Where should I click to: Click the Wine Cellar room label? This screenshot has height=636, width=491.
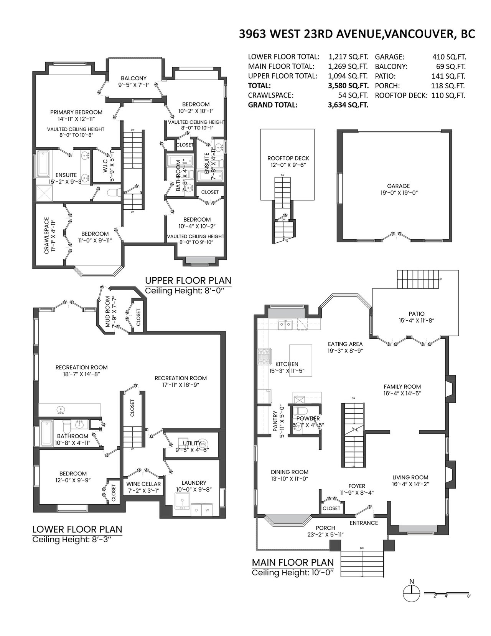tap(143, 484)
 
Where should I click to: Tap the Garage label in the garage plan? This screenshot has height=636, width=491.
tap(398, 186)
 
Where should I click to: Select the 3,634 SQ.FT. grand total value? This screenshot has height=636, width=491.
tap(348, 105)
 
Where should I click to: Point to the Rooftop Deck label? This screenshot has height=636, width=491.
tap(288, 158)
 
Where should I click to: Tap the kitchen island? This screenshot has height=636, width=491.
tap(300, 360)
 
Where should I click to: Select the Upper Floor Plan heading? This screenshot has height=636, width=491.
tap(188, 280)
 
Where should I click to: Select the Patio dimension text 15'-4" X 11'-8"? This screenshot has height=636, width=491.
tap(417, 320)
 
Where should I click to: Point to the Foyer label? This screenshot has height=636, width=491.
tap(357, 487)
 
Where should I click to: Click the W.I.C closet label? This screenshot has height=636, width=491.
tap(105, 170)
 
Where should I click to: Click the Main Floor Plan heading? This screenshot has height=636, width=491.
tap(293, 562)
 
